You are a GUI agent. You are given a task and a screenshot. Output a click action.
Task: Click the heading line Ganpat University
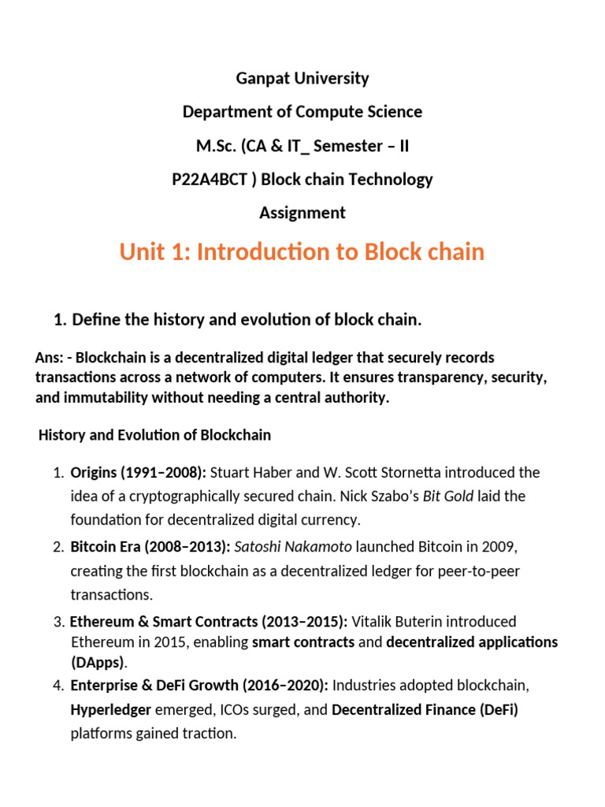point(302,78)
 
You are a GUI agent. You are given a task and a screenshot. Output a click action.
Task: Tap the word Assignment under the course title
point(302,213)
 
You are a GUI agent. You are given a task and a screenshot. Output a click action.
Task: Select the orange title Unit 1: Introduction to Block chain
point(302,252)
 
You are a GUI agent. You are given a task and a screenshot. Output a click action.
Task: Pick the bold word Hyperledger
point(110,710)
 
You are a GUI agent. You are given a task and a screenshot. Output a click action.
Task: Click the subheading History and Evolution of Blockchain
point(154,435)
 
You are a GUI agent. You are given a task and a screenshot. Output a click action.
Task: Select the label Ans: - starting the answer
point(53,358)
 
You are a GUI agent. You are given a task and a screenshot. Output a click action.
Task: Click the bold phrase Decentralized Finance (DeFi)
point(425,710)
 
